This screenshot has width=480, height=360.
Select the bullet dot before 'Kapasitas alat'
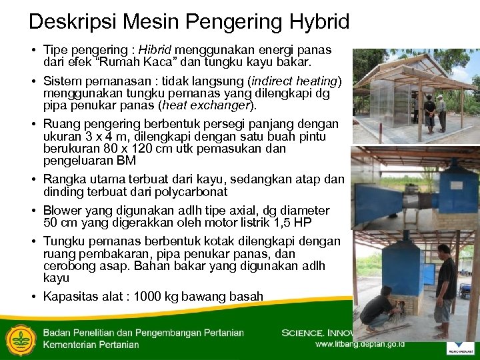(x=33, y=297)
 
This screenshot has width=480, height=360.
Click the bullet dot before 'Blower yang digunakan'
(x=33, y=211)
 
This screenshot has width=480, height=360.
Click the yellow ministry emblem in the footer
(x=20, y=338)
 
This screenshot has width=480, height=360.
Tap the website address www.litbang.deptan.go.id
(x=360, y=345)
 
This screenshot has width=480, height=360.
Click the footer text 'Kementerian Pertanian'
(x=91, y=345)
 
